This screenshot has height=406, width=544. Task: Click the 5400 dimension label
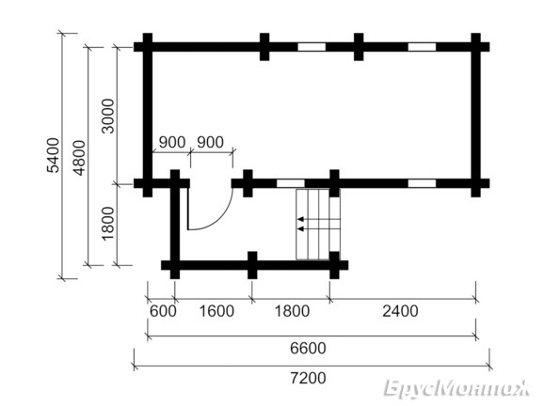[x=54, y=155]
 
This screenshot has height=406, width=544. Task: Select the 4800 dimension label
[x=79, y=158]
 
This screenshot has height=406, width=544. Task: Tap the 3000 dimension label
[x=108, y=116]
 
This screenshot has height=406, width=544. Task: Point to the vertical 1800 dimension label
[x=108, y=224]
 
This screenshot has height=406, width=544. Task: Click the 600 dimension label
[x=163, y=311]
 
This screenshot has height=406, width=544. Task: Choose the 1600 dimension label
[x=216, y=311]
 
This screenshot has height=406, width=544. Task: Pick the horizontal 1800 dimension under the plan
[x=292, y=311]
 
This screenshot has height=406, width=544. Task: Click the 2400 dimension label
[x=400, y=311]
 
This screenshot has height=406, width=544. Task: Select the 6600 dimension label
[x=308, y=348]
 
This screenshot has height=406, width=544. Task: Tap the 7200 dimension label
[x=308, y=378]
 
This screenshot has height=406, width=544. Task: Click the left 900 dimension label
[x=172, y=142]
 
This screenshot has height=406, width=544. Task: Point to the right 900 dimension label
[x=210, y=142]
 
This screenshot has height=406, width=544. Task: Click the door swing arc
[x=220, y=219]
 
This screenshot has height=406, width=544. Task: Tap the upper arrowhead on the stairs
[x=301, y=219]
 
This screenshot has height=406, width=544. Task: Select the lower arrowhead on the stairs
[x=301, y=229]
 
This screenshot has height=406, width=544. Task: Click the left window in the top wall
[x=312, y=47]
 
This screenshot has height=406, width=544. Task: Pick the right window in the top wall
[x=422, y=47]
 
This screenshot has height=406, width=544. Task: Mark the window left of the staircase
[x=291, y=183]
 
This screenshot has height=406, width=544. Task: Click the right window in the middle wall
[x=422, y=183]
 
